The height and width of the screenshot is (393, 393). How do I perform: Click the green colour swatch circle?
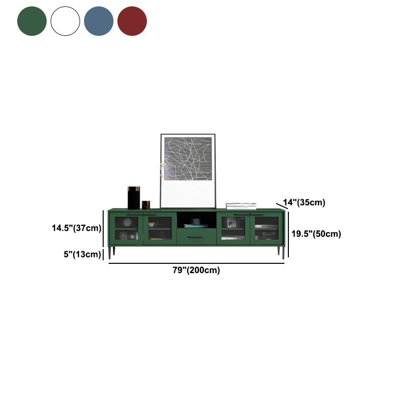32,21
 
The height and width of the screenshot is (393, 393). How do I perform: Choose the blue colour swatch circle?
99,21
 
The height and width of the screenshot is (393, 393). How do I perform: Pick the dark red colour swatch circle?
132,21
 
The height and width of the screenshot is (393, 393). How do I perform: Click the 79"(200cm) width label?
196,270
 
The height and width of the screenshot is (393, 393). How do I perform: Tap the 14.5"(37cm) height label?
77,228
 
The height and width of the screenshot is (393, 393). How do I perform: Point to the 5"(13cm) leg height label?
82,254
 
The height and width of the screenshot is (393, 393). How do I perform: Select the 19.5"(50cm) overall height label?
316,234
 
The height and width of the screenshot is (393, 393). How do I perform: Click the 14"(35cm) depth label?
304,202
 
